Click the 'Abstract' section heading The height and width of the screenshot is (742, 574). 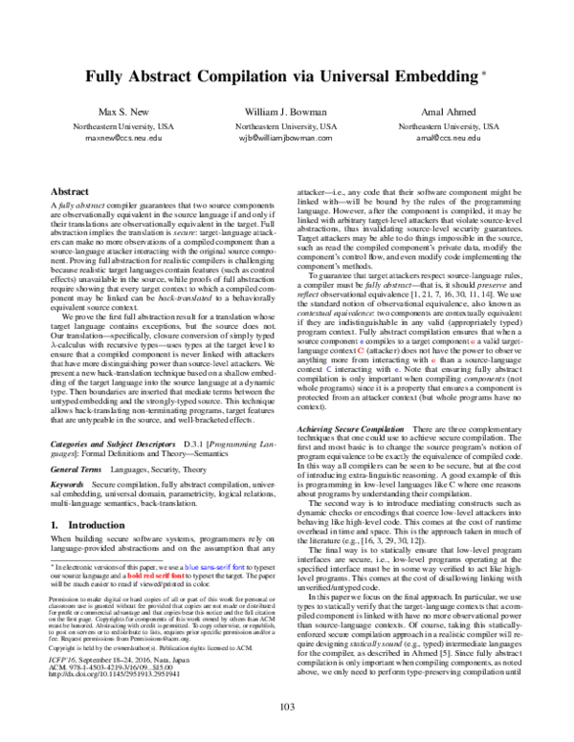(x=68, y=192)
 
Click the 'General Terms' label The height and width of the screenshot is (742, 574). (x=77, y=469)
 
